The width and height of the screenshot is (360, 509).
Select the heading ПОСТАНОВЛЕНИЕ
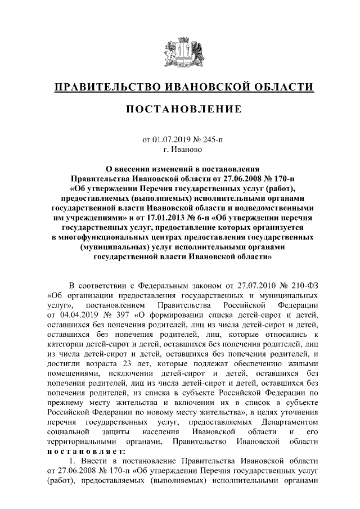180,108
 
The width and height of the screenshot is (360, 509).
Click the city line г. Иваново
180,149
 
